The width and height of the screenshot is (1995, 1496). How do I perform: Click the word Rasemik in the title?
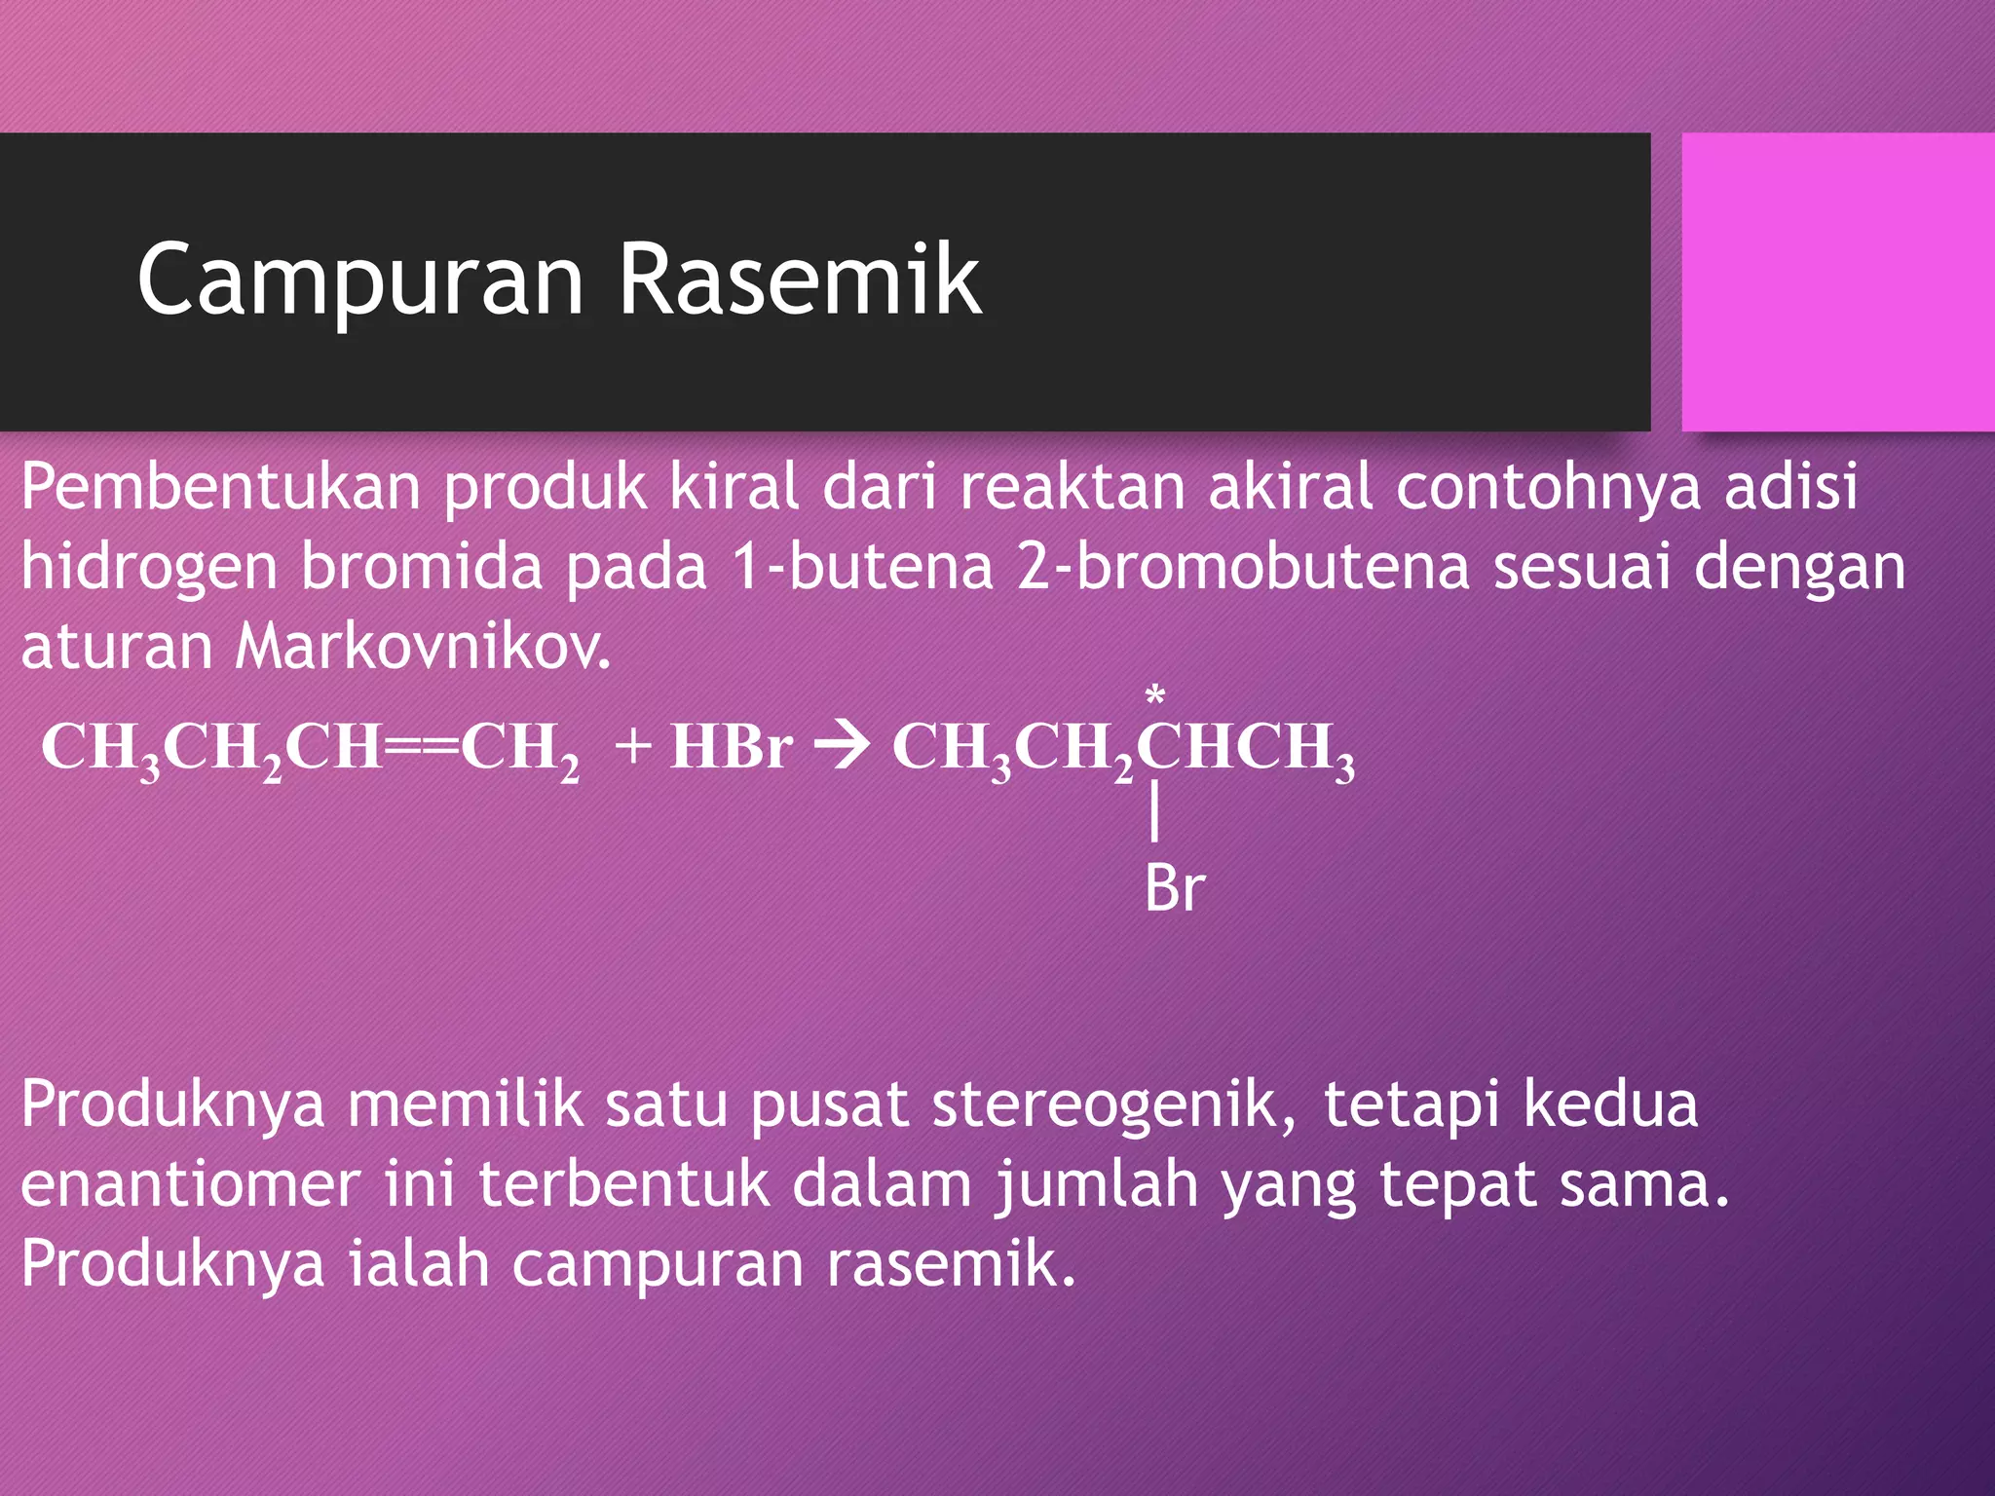tap(800, 280)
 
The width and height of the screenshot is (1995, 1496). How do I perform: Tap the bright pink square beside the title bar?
tap(1837, 281)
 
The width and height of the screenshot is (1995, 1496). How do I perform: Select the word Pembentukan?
tap(221, 486)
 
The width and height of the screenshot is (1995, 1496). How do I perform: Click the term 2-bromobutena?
tap(1242, 567)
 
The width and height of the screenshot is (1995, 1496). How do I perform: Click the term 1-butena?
tap(863, 567)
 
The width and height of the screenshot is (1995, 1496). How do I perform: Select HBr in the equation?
tap(731, 748)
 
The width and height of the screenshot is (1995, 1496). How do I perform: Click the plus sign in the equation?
tap(633, 748)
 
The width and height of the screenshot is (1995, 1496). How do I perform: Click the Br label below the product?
tap(1175, 888)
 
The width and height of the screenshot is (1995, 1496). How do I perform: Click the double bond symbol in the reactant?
tap(421, 748)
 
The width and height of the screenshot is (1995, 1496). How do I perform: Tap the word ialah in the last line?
tap(419, 1264)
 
